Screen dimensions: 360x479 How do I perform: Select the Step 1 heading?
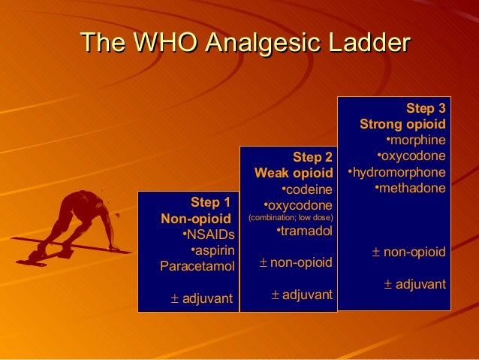[210, 201]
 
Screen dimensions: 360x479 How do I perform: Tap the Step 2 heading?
[312, 157]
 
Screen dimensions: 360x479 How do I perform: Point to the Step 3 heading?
[426, 107]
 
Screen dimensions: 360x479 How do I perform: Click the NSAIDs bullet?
[209, 234]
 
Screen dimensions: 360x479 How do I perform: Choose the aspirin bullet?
[212, 250]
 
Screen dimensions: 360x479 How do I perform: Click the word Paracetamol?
[197, 266]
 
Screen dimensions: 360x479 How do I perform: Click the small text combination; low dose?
[291, 218]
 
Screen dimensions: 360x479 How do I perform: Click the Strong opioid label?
[403, 124]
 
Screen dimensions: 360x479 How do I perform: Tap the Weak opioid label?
[293, 173]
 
